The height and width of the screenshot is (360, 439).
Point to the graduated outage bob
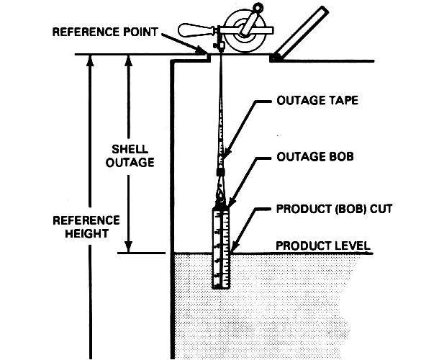coord(221,245)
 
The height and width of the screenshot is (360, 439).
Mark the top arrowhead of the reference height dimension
coord(89,59)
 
